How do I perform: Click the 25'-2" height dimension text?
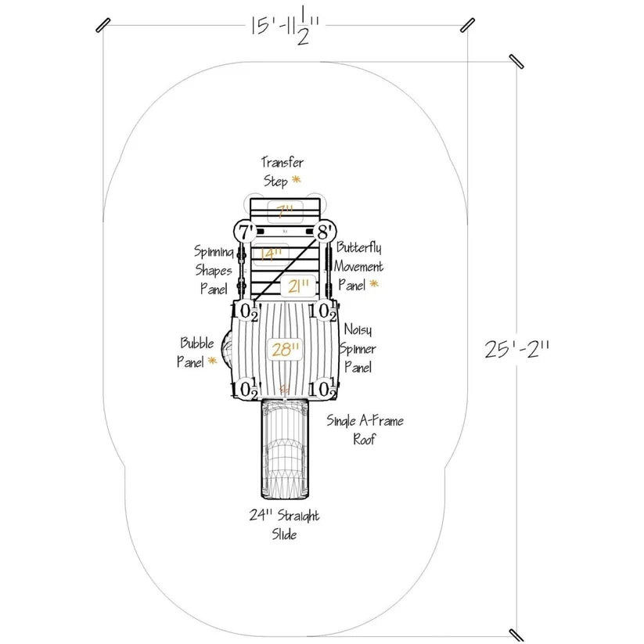pos(516,350)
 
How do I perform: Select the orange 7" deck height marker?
pos(285,211)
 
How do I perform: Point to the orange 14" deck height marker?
pos(271,254)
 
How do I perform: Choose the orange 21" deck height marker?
pos(298,286)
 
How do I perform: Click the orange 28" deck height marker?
pos(286,350)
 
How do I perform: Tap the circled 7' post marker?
pos(246,232)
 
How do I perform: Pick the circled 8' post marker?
pos(325,232)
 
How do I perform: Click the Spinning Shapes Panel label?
pos(214,270)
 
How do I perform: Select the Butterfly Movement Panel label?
pos(358,266)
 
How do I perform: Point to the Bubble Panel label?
pos(196,352)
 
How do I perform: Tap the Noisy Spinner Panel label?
pos(358,348)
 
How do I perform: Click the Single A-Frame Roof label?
pos(365,430)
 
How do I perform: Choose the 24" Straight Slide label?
pos(284,524)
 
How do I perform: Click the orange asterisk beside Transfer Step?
pos(296,179)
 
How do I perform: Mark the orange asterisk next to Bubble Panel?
pos(212,361)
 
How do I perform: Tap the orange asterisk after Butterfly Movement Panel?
pos(374,283)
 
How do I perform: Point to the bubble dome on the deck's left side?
pos(227,350)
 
